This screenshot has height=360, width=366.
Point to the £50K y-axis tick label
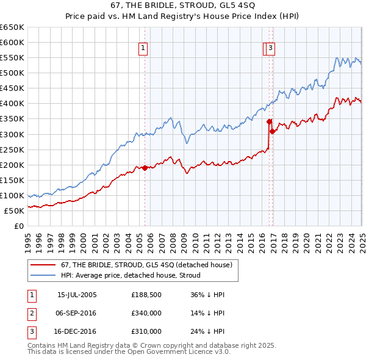click(14, 211)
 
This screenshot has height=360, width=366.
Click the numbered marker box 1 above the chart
click(143, 48)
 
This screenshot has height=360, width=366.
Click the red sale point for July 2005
click(145, 168)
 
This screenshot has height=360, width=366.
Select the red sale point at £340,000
click(269, 121)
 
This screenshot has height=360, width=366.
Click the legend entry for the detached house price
click(146, 265)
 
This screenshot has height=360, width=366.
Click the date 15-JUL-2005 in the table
click(77, 295)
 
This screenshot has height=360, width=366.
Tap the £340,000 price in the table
click(146, 313)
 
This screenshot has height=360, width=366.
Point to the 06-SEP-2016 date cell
click(77, 313)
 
